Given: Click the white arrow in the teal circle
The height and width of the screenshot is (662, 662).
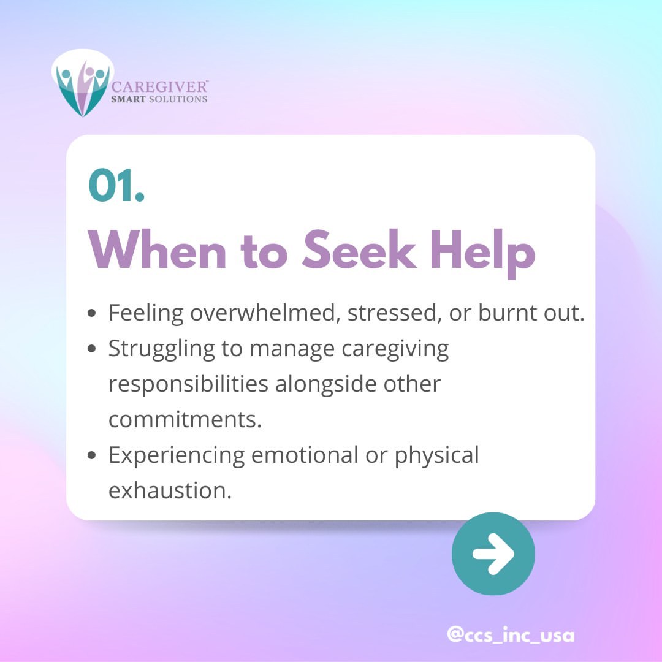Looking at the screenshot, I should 493,554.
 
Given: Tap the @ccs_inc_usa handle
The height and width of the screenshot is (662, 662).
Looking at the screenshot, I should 511,635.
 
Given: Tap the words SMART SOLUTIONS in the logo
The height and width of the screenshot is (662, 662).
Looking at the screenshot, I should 159,99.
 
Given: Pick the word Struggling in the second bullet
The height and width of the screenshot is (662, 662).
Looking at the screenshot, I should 161,349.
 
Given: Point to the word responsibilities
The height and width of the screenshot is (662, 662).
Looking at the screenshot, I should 188,384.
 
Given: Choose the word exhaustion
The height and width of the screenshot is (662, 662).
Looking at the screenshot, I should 170,490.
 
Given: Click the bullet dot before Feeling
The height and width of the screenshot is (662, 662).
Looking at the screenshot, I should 92,313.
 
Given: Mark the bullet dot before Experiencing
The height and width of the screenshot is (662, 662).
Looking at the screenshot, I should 92,455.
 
